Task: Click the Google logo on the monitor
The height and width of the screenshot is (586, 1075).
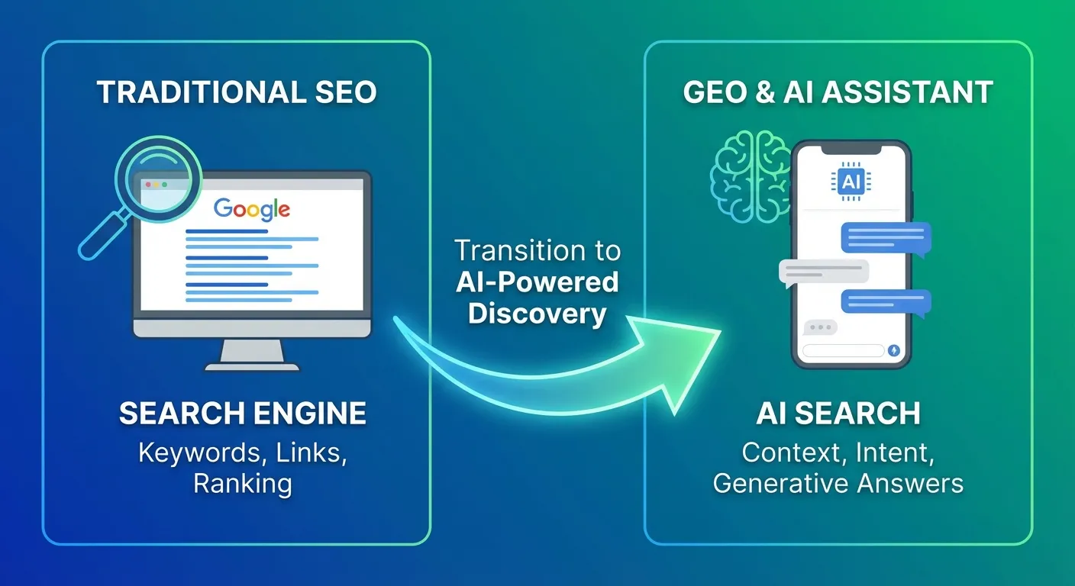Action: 251,209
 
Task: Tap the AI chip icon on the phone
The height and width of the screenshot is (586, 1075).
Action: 851,182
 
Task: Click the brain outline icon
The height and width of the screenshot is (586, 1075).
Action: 750,176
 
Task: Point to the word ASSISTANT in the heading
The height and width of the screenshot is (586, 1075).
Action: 907,92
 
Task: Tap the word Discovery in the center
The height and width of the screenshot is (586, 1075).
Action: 537,314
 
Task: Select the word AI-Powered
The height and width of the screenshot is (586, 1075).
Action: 537,282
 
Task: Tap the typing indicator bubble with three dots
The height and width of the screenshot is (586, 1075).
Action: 820,327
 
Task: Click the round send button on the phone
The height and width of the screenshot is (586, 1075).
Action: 893,350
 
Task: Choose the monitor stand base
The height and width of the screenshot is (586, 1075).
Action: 252,367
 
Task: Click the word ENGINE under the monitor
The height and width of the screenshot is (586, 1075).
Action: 310,414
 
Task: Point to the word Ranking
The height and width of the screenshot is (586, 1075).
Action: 242,484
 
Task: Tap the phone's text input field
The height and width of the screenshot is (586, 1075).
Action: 843,350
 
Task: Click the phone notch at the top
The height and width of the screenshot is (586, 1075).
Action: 851,150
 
